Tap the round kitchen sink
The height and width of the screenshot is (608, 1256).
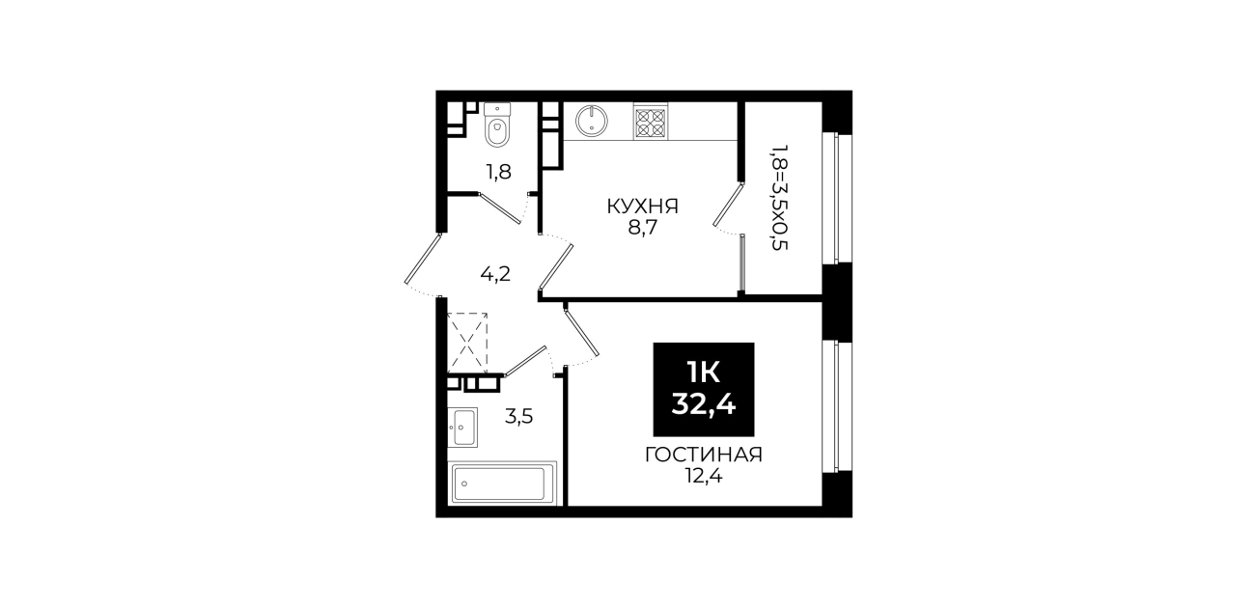tap(591, 121)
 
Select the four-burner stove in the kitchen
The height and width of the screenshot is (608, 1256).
tap(651, 121)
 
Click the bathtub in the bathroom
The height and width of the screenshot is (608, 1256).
tap(502, 484)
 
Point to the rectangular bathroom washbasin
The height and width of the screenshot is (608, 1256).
tap(463, 427)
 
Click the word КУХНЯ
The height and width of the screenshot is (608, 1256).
tap(643, 207)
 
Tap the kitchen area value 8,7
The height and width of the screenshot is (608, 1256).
tap(643, 229)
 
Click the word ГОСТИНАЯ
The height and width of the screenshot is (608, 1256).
tap(704, 455)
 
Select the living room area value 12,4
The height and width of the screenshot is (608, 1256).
tap(704, 477)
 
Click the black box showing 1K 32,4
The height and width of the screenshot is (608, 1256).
tap(704, 390)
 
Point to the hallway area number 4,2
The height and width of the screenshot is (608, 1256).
tap(495, 274)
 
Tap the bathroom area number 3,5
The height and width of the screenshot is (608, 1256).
tap(518, 416)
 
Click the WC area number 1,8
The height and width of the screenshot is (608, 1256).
tap(498, 172)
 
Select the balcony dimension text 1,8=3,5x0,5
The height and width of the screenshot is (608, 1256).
tap(780, 197)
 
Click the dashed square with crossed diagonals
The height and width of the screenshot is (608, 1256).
tap(467, 343)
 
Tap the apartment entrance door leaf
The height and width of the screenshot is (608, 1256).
tap(424, 259)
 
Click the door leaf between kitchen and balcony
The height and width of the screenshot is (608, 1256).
tap(728, 205)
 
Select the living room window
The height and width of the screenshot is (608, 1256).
tap(837, 406)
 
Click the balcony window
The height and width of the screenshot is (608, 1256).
tap(837, 198)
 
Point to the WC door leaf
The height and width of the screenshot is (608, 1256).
tap(499, 208)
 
